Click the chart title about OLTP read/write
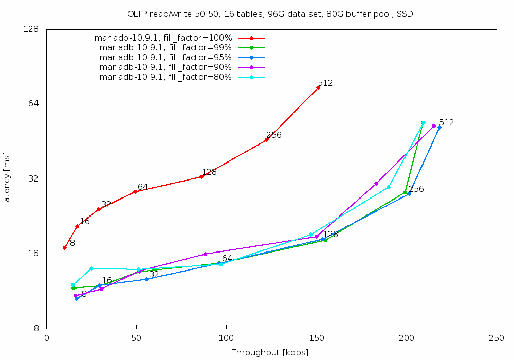pos(270,14)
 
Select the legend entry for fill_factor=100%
pos(163,38)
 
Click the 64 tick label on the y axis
pos(34,104)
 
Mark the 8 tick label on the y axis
pos(36,329)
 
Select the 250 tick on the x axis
pos(497,338)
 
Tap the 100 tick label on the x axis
pos(226,338)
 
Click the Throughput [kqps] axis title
pos(270,353)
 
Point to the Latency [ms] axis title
pos(7,179)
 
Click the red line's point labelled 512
pos(318,88)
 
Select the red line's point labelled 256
pos(267,140)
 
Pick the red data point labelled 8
pos(65,248)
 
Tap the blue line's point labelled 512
pos(439,128)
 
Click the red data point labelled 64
pos(135,192)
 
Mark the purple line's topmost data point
pos(434,126)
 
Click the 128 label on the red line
pos(209,172)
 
